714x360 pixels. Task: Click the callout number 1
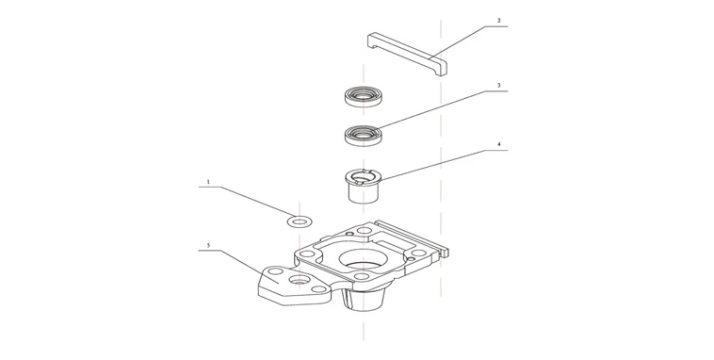208,182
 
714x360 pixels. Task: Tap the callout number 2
498,21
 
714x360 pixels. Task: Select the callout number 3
498,85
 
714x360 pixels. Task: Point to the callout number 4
498,144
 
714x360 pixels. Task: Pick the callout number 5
208,245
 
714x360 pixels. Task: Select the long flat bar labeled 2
407,53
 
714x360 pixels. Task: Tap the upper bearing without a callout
363,96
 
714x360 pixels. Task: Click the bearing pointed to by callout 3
363,136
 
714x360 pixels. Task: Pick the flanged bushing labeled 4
363,185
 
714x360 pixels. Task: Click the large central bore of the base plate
363,258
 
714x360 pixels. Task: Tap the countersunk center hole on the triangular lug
298,278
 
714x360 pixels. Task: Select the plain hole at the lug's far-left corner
275,271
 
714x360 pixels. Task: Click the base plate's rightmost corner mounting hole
417,253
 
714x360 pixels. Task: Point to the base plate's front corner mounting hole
361,275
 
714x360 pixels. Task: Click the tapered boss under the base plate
363,299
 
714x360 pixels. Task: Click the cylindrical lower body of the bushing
363,193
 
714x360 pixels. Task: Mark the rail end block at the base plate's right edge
445,250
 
